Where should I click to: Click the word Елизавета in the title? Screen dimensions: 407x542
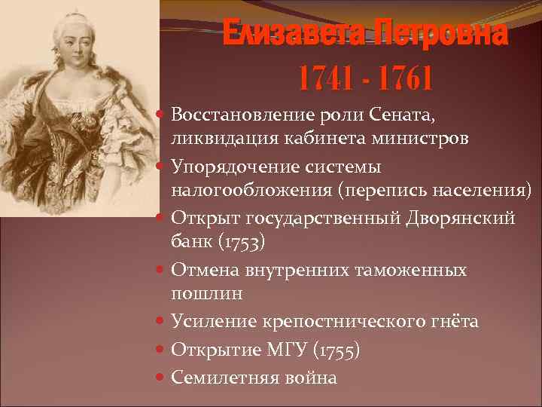pyautogui.click(x=292, y=33)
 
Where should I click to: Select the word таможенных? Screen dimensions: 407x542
pyautogui.click(x=413, y=270)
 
